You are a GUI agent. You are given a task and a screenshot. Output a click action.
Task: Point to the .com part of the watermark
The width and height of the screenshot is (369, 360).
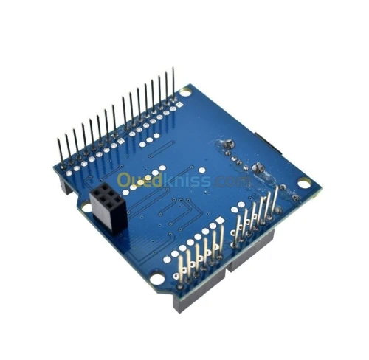pyautogui.click(x=235, y=180)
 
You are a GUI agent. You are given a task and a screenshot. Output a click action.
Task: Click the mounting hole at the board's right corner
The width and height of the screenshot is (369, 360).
pyautogui.click(x=303, y=183)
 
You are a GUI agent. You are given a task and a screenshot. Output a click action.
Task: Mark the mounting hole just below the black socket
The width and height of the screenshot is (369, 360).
pyautogui.click(x=87, y=209)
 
